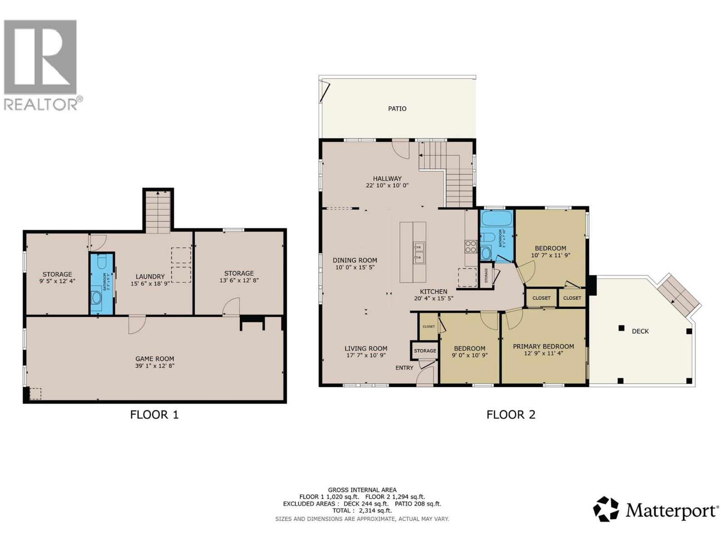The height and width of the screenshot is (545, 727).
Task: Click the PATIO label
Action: [397, 109]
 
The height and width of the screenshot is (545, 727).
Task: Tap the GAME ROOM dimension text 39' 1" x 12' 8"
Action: [154, 366]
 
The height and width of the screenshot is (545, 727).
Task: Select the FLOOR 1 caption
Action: [154, 414]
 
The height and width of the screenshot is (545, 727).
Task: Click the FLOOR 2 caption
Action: [511, 414]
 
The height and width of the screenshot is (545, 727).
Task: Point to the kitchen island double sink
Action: [419, 253]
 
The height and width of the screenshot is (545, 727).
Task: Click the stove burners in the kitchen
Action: [470, 247]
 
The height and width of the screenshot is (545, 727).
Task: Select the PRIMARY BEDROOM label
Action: [543, 346]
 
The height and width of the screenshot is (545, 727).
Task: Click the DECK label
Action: [640, 331]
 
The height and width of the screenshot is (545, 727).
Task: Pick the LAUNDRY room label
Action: [150, 276]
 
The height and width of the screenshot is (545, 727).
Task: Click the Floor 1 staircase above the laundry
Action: [158, 212]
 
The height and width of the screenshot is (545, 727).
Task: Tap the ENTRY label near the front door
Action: [404, 367]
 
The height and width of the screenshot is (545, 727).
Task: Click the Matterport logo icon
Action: [606, 509]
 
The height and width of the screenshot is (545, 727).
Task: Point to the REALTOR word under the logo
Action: [41, 104]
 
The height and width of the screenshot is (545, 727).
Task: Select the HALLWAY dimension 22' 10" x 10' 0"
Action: [387, 185]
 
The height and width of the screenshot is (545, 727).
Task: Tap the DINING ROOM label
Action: [354, 260]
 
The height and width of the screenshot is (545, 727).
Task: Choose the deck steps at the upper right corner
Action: [679, 296]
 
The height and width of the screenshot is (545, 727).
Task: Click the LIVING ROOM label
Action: [366, 348]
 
